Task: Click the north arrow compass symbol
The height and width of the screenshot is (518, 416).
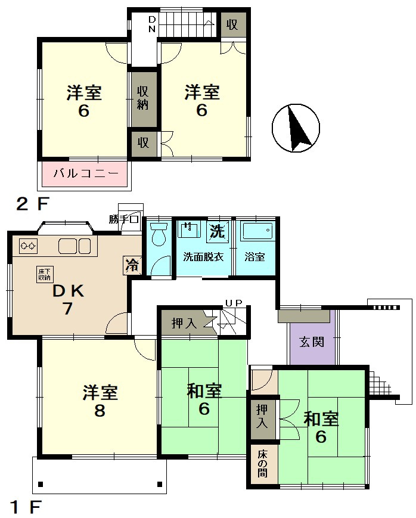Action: pos(296,128)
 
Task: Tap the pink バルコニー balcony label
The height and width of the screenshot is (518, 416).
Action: pos(86,173)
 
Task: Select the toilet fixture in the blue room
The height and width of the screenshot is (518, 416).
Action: pos(159,234)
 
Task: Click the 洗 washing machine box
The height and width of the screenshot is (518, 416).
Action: pos(218,231)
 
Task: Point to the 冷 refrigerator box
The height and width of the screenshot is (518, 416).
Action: pos(132,265)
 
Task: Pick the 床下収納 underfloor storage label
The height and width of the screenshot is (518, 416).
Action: pos(44,275)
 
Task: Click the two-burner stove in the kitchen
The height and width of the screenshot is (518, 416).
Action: pos(28,246)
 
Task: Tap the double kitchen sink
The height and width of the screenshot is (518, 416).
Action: pos(74,246)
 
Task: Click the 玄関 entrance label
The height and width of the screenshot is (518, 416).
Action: pos(312,342)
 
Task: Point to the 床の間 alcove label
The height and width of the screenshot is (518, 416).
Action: pos(263,464)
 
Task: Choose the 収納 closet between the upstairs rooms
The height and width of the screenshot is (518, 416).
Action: pos(143,98)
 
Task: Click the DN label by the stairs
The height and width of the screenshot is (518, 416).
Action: pos(151,24)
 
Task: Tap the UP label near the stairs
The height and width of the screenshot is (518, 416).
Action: pos(234,303)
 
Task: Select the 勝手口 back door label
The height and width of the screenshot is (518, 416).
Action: pos(123,219)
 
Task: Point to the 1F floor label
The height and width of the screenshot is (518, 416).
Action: pos(26,507)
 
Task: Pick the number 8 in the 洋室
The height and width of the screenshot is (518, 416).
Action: pos(100,411)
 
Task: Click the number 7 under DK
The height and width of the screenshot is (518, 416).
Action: pos(67,309)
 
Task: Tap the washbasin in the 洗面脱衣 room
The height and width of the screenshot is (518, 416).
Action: pos(189,229)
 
